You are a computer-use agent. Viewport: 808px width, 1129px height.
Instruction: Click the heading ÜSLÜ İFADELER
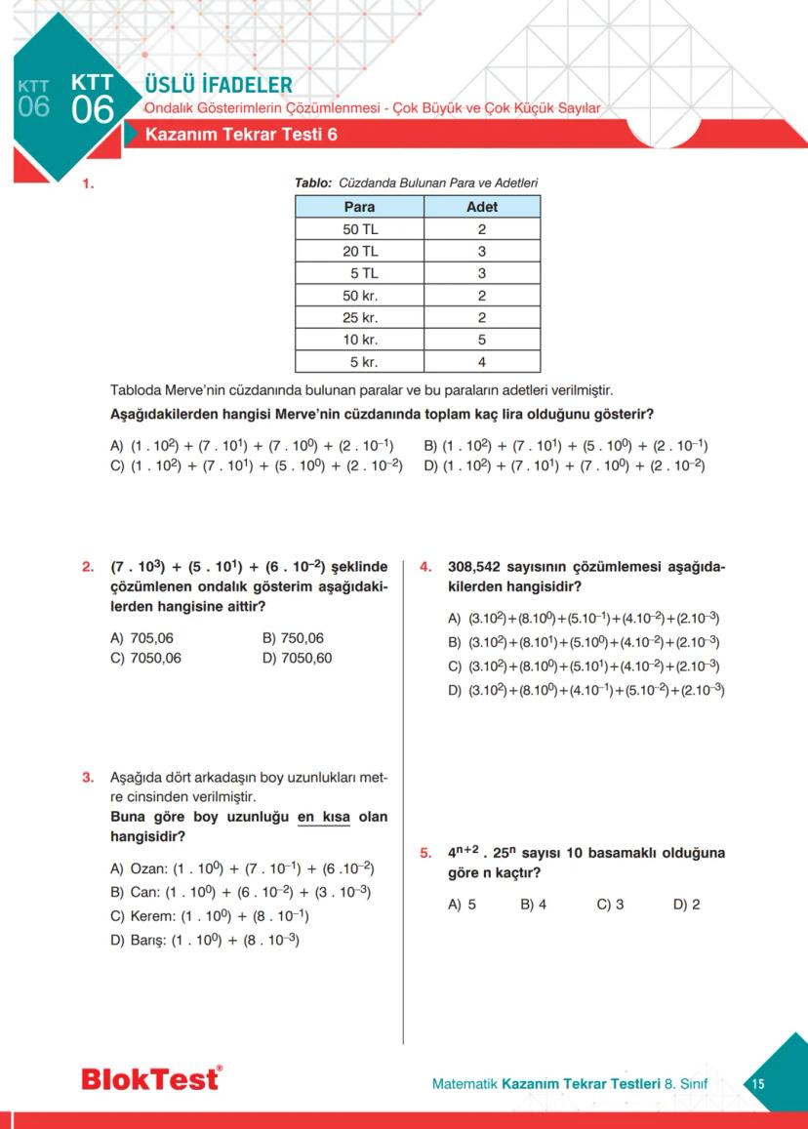218,85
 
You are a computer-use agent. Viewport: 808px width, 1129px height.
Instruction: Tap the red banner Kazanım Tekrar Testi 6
241,135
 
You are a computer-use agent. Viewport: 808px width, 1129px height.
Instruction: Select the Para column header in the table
359,207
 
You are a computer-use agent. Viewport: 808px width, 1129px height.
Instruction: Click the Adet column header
482,207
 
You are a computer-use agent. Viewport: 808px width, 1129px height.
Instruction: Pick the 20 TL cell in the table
359,251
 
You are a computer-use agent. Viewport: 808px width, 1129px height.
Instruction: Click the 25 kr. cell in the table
359,317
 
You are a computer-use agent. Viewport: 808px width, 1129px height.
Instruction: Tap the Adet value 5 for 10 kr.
482,340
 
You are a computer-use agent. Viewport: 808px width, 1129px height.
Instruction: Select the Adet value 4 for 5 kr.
482,362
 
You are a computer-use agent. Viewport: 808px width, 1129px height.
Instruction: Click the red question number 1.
88,182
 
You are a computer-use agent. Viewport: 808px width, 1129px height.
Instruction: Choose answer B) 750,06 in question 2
293,638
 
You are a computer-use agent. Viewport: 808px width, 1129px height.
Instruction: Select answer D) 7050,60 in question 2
297,658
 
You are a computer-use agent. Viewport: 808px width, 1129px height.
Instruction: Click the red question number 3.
88,778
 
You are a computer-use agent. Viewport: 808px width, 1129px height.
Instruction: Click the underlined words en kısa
323,817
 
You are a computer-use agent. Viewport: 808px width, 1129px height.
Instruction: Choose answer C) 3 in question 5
610,905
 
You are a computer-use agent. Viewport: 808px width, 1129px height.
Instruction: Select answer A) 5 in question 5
462,905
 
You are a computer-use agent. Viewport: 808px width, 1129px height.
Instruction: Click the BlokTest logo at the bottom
151,1079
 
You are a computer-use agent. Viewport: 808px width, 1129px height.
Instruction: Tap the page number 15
758,1084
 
